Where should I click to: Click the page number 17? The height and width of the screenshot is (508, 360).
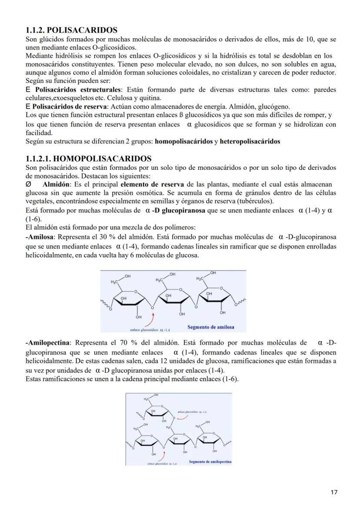tap(334, 492)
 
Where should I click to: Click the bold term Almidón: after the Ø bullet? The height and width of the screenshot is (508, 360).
tap(57, 184)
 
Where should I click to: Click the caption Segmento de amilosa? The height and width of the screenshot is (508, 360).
tap(210, 327)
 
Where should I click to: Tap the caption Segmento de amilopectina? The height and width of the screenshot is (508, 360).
tap(210, 462)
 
